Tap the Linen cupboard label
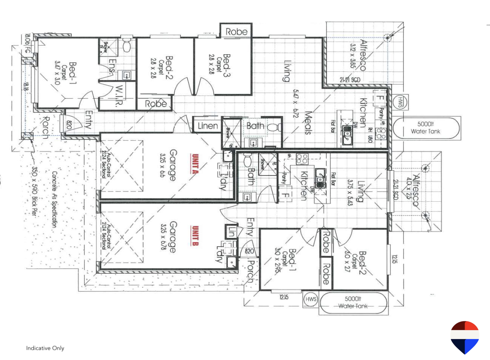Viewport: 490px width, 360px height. [207, 126]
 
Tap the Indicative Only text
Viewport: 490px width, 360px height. [45, 348]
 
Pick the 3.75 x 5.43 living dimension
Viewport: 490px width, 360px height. [350, 192]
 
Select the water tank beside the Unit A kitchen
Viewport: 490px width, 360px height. [426, 128]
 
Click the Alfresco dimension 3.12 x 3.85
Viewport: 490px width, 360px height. [353, 58]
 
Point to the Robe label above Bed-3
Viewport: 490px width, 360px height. [236, 31]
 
